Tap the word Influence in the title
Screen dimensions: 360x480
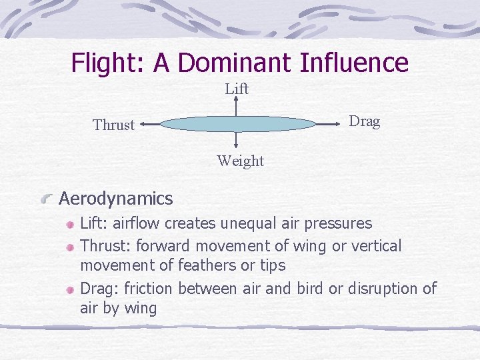click(x=354, y=63)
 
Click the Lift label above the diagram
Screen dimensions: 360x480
click(x=237, y=89)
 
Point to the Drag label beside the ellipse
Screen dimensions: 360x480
click(x=365, y=121)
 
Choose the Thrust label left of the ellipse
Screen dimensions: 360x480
click(x=114, y=125)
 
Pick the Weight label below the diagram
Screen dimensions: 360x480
click(x=240, y=161)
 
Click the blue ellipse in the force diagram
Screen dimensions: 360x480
click(x=237, y=124)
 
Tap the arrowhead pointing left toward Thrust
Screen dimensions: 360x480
click(x=144, y=124)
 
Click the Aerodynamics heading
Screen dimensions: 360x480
click(x=116, y=198)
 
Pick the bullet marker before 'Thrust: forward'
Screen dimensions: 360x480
click(x=70, y=247)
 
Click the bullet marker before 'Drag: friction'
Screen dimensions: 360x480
click(x=70, y=289)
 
